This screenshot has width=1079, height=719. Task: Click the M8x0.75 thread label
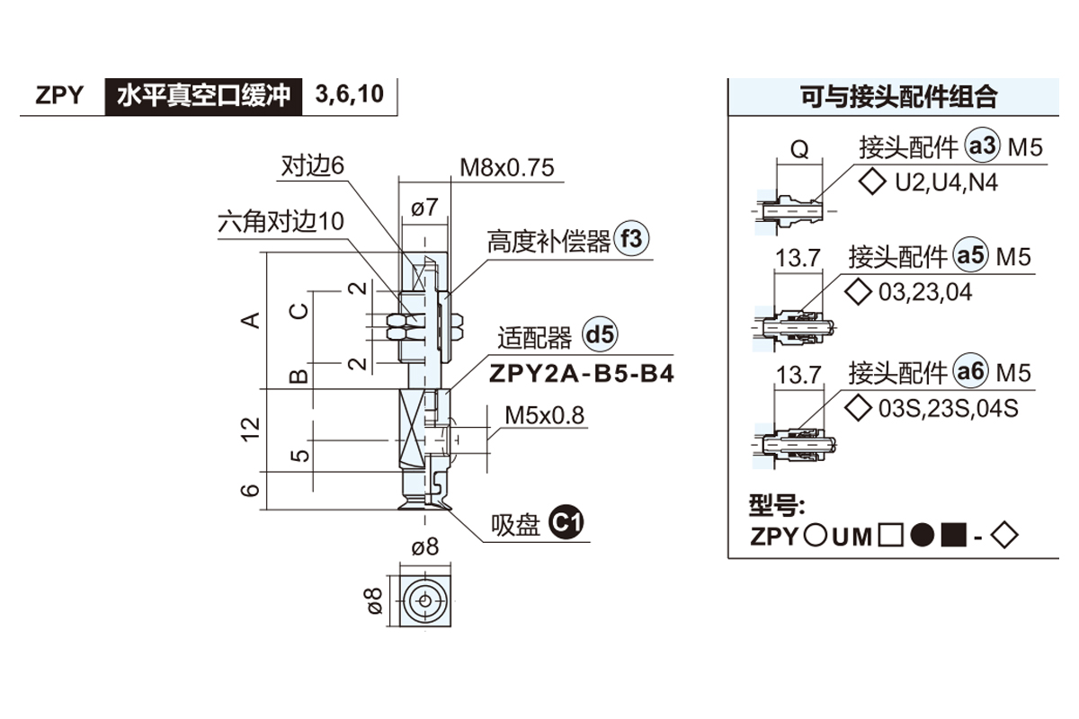coord(507,168)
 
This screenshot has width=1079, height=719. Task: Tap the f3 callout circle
coord(631,240)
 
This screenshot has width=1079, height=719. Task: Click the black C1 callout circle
coord(566,523)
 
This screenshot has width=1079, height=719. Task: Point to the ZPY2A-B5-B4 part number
coord(581,373)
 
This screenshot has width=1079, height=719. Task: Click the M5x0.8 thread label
coord(544,416)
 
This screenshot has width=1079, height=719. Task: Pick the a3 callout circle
coord(982,146)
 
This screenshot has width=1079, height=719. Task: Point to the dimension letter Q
coord(798,150)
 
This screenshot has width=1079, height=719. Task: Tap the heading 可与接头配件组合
coord(900,96)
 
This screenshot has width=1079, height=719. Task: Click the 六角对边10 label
coord(281,221)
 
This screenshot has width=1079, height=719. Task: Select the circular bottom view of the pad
coord(424,599)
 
